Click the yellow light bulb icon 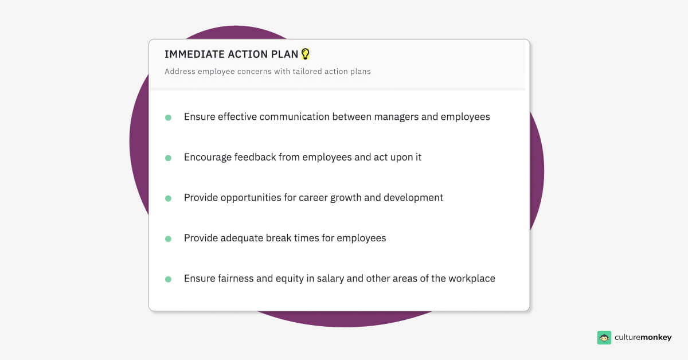point(306,54)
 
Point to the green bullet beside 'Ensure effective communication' point(168,118)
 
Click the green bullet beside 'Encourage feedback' point(168,158)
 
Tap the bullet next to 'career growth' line point(168,198)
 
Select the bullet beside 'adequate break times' point(168,238)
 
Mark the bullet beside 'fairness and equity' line point(168,279)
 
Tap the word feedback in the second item point(255,157)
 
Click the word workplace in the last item point(468,279)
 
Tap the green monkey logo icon point(604,338)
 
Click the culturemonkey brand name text point(643,338)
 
